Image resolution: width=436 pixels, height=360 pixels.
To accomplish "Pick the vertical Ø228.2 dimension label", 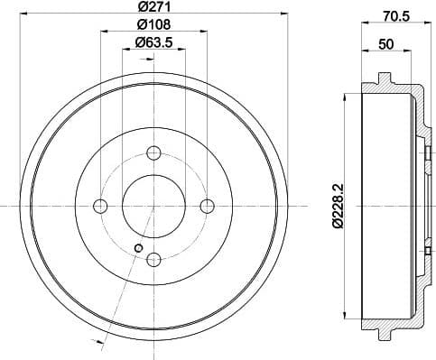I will (337, 207).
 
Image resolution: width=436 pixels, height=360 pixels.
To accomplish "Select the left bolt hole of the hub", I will (98, 206).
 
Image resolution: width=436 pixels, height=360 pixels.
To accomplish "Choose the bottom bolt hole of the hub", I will (153, 260).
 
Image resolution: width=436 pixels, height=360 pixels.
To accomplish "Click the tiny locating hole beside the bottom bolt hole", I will (137, 249).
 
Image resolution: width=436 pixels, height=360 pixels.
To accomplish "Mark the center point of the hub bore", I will (153, 206).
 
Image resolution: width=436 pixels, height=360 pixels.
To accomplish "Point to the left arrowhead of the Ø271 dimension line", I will (23, 20).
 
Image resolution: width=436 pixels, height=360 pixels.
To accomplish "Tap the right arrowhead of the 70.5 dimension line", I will (423, 23).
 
